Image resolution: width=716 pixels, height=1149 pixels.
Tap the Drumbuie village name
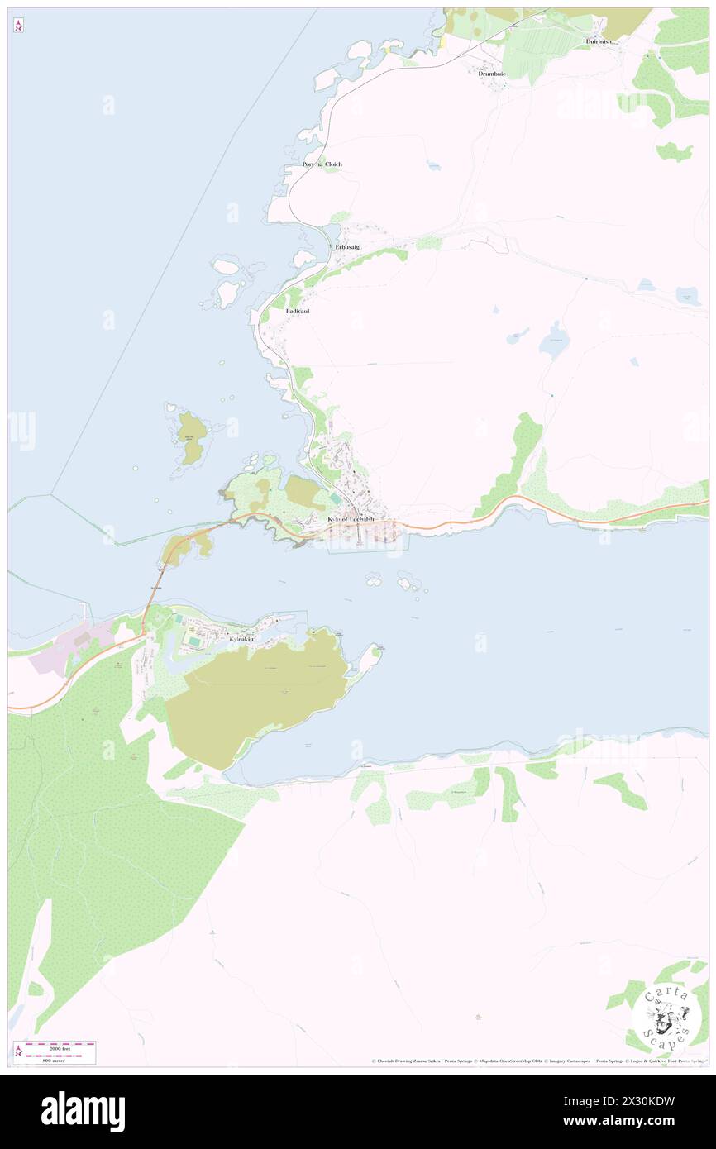(491, 74)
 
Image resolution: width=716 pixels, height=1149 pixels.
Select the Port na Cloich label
(322, 164)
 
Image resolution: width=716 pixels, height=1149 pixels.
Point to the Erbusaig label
(347, 247)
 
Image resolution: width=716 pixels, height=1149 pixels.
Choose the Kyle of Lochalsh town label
(351, 519)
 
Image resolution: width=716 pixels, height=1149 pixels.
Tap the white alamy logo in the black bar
(83, 1112)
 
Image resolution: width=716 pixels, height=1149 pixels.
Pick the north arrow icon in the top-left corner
(18, 26)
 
